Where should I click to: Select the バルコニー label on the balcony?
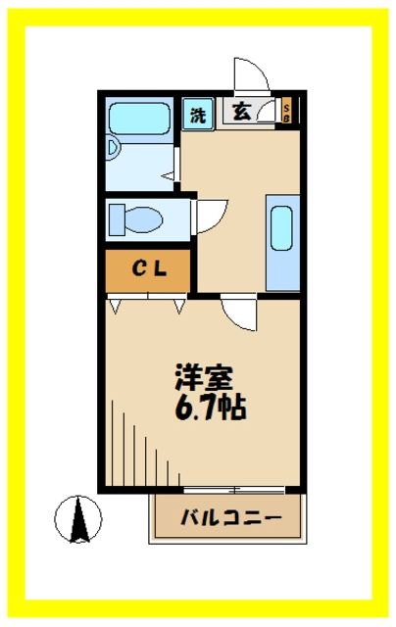(231, 516)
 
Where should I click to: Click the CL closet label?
(148, 267)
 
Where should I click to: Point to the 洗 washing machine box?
(198, 113)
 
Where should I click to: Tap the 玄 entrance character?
(241, 111)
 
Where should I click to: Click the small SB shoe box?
(286, 110)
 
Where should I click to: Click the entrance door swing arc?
(249, 76)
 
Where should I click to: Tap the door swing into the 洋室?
(237, 314)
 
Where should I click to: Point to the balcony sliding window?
(233, 488)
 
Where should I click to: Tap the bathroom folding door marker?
(169, 176)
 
